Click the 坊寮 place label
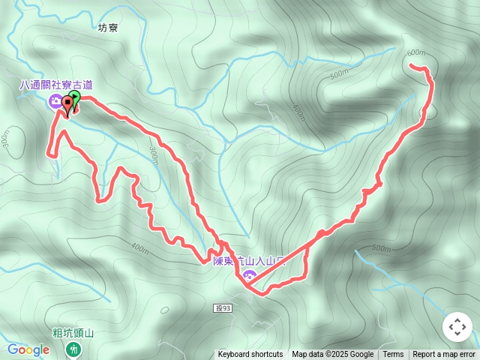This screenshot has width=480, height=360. [x=108, y=27]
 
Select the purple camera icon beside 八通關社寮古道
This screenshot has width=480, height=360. [x=55, y=101]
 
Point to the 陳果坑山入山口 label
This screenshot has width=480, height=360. [x=250, y=261]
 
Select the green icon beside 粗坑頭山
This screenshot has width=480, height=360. [x=73, y=348]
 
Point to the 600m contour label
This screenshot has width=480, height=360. [x=415, y=53]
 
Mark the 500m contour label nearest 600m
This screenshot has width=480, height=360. [x=340, y=73]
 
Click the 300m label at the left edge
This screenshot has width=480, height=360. [x=6, y=139]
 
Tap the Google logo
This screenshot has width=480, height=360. [x=28, y=349]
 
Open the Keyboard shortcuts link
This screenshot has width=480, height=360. [x=250, y=355]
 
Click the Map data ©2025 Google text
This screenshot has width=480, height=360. [x=332, y=355]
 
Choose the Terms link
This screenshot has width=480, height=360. [x=393, y=355]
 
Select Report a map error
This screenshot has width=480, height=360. [x=444, y=355]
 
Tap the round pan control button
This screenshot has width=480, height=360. [x=457, y=327]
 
